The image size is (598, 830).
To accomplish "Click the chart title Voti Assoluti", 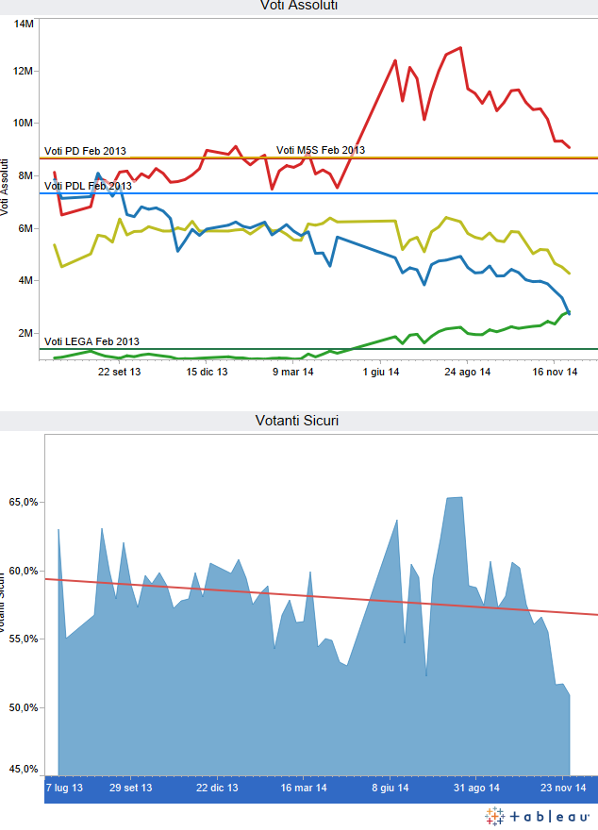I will (299, 6).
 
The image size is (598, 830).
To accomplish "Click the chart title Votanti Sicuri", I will (298, 420).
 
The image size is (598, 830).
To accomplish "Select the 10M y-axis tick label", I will (25, 123).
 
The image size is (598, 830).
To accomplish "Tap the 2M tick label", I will (26, 333).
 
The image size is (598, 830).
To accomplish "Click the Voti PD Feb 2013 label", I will (85, 151).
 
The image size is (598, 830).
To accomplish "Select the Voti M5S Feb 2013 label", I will (320, 150).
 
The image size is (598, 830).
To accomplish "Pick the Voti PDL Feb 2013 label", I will (88, 186).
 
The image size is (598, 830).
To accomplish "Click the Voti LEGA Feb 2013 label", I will (91, 341).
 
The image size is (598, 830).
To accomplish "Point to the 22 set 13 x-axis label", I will (120, 373).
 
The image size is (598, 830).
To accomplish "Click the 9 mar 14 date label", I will (293, 373).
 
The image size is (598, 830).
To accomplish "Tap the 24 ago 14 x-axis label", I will (467, 373).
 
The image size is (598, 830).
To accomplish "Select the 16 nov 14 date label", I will (554, 373).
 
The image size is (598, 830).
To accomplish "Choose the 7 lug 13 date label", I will (64, 787).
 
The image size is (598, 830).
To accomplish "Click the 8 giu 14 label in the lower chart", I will (390, 787).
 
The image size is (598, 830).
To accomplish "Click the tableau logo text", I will (548, 815).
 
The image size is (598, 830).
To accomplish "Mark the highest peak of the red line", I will (460, 47).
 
